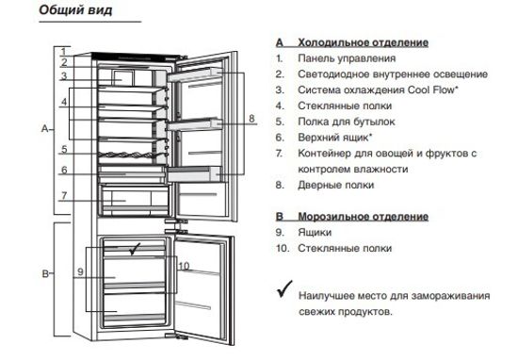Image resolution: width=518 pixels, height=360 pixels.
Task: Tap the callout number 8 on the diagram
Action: (251, 119)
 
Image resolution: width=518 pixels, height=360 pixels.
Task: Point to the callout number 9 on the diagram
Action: (81, 271)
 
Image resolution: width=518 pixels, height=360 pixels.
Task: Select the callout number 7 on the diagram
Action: (62, 196)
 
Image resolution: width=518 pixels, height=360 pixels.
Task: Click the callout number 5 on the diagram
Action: (62, 149)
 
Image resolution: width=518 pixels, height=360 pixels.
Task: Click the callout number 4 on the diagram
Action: (63, 101)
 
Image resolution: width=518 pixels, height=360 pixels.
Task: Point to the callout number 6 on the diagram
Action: (62, 171)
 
